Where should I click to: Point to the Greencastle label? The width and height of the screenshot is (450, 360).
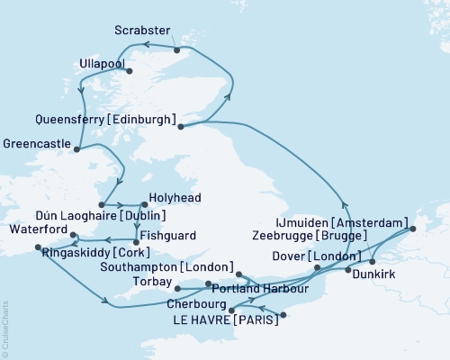click(36, 142)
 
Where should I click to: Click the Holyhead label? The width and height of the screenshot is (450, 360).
click(175, 198)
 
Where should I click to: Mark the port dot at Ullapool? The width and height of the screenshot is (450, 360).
click(130, 71)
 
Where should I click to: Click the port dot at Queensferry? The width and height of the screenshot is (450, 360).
click(181, 127)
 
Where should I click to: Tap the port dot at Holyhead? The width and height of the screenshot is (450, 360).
click(144, 204)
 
